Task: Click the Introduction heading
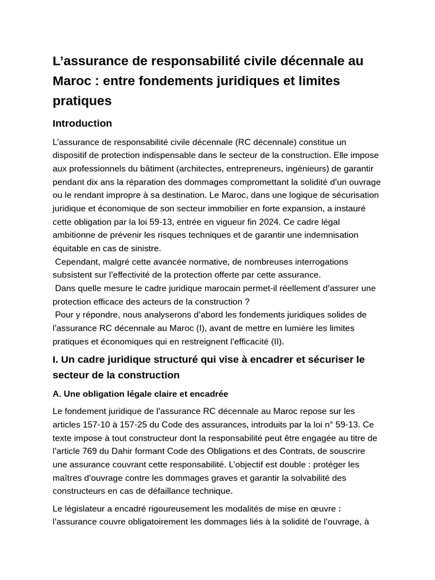[x=82, y=123]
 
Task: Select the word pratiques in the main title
[x=82, y=101]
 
